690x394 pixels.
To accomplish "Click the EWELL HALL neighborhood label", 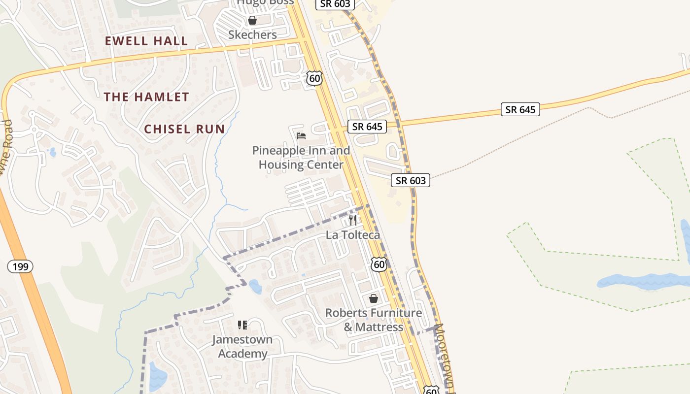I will click(x=146, y=41).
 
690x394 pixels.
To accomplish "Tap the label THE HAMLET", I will click(x=146, y=97).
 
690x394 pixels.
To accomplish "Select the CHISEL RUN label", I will click(x=184, y=130).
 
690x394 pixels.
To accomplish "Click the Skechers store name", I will click(x=252, y=34).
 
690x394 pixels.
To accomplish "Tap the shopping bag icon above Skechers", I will click(x=252, y=20).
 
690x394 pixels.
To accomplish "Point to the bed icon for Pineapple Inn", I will click(x=301, y=135).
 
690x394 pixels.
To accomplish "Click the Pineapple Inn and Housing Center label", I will click(x=301, y=158).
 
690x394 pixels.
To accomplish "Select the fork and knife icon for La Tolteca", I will click(x=353, y=220).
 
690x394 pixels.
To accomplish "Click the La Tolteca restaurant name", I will click(x=353, y=235).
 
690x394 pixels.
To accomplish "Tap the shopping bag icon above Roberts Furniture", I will click(x=374, y=298).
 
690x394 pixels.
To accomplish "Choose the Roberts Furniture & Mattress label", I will click(x=374, y=320).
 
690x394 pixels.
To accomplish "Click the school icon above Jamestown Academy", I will click(x=242, y=325).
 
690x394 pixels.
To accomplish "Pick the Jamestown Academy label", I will click(x=242, y=347).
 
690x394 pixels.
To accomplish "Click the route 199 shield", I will click(x=20, y=266).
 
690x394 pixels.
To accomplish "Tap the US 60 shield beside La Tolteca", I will click(x=379, y=264).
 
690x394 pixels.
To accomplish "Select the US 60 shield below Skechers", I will click(x=314, y=78).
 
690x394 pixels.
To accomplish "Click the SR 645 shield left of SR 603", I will click(x=367, y=127).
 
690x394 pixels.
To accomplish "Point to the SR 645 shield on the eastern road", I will click(x=520, y=109).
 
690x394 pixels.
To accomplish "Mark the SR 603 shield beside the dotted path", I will click(x=411, y=180).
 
